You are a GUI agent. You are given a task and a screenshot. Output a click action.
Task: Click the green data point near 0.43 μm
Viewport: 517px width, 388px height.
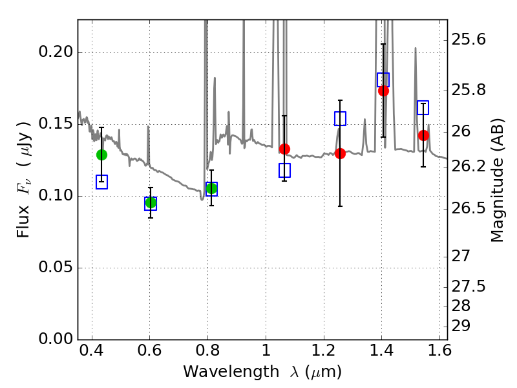[x=101, y=155]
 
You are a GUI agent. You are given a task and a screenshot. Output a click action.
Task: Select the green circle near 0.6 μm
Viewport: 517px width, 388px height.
[x=151, y=203]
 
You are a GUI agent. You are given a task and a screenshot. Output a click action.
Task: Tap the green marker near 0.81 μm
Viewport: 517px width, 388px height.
[x=211, y=188]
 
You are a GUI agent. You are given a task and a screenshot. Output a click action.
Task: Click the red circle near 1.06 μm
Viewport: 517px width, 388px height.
[x=284, y=149]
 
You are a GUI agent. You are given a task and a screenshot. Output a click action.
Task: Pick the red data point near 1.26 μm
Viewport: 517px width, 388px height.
[x=340, y=153]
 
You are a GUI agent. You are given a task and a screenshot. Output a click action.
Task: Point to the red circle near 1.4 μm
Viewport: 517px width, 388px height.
[x=383, y=91]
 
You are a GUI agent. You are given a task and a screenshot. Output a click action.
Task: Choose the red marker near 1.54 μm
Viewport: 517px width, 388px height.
[x=423, y=135]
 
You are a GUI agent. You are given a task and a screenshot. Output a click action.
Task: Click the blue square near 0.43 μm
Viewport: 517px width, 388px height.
[x=101, y=182]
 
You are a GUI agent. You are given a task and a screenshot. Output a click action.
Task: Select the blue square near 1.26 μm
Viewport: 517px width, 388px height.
[x=340, y=118]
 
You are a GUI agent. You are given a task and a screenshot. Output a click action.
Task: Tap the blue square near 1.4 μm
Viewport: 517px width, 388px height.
[x=383, y=80]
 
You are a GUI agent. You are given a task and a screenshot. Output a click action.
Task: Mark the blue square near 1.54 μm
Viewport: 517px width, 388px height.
[x=423, y=107]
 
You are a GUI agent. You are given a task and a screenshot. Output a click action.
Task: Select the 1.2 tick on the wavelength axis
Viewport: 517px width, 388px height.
[x=323, y=353]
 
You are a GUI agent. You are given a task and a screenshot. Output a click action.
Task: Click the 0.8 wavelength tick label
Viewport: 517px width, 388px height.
[x=207, y=353]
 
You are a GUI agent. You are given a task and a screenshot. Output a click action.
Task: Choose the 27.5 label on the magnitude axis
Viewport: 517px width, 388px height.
[x=468, y=286]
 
